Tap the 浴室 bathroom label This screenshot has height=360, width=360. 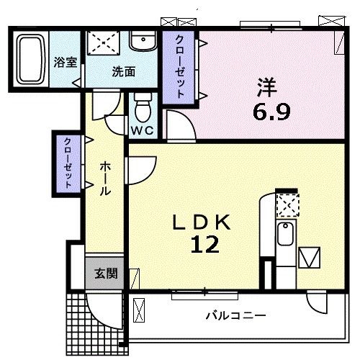pos(66,62)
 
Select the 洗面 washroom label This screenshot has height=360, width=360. pos(123,72)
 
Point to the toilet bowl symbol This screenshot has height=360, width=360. pos(143,109)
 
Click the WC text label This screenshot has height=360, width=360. pos(142,131)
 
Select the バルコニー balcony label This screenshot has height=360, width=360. pos(235,315)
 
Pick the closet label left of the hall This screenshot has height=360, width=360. pos(68,163)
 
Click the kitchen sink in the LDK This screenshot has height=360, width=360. pos(286,235)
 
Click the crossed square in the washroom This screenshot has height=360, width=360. pos(104,42)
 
